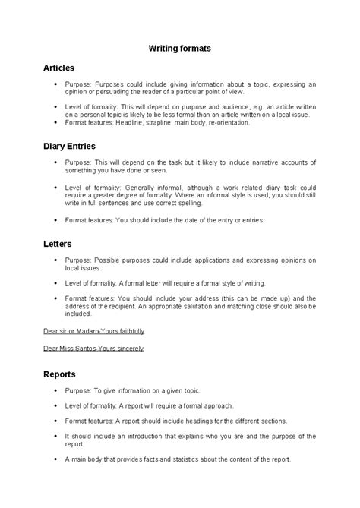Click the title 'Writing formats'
[179, 48]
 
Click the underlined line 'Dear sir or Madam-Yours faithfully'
[93, 332]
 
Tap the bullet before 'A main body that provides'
[56, 459]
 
